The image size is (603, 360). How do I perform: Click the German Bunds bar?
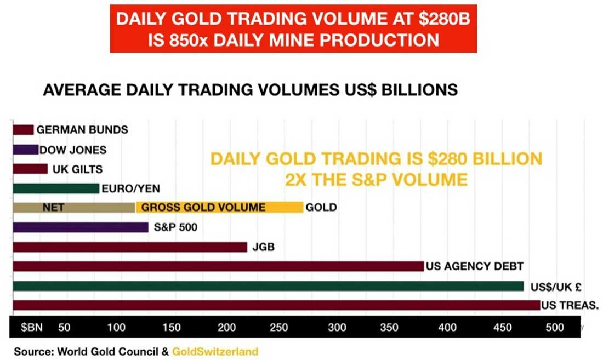point(23,130)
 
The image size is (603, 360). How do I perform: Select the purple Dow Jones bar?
point(26,150)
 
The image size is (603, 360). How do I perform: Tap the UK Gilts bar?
point(30,169)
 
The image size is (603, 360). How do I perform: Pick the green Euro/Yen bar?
point(56,188)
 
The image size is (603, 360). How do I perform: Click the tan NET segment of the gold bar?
point(74,208)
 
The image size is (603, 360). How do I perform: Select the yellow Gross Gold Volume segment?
point(219,208)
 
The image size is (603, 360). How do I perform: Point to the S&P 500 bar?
point(81,227)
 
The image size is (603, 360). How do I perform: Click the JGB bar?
point(130,247)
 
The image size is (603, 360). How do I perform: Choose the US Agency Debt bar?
point(218,266)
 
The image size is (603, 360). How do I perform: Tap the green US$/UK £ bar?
point(269,286)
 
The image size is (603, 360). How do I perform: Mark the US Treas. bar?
point(276,305)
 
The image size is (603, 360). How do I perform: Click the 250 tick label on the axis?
point(279,327)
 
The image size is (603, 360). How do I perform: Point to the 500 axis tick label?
point(555,327)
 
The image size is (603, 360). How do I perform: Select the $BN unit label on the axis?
point(32,327)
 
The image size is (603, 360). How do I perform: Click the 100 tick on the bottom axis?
point(116,327)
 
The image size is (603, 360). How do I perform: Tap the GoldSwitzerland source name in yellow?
point(215,352)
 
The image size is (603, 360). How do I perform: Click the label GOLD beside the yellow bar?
point(321,208)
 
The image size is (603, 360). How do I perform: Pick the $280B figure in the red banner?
point(444,19)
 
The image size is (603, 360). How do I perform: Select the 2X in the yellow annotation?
point(295,179)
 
